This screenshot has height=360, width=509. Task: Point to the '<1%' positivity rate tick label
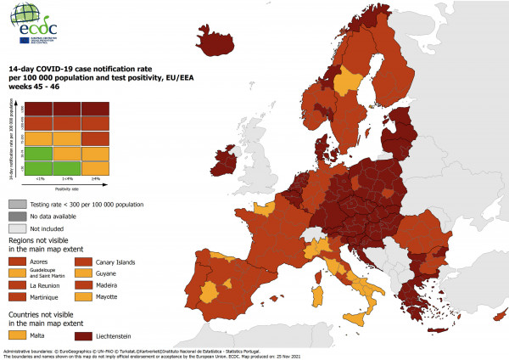[39, 179]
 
